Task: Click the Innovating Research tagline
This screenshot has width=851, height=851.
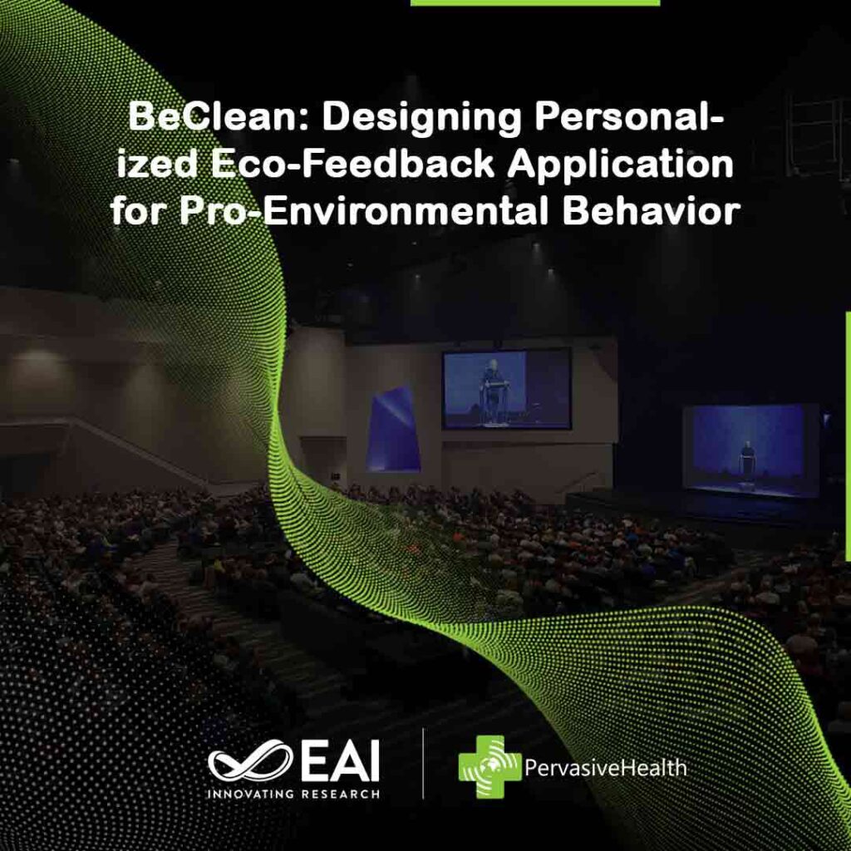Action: [x=293, y=794]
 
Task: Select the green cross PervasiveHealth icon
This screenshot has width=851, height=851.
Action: [x=489, y=766]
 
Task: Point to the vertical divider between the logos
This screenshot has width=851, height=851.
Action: [x=424, y=764]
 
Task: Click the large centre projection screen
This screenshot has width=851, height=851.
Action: [x=506, y=388]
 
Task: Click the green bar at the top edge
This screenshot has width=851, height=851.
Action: [x=534, y=2]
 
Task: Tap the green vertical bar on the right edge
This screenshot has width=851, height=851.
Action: [x=847, y=436]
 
